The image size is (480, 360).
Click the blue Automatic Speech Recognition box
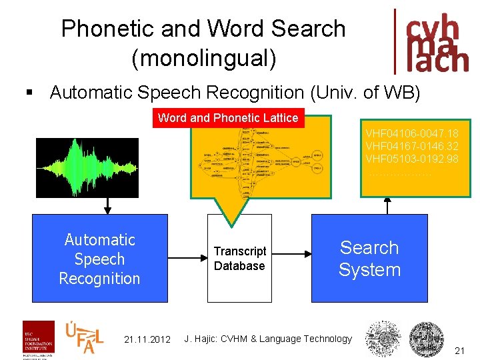click(x=99, y=259)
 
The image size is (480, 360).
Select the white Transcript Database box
click(x=239, y=259)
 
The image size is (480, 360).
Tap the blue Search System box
click(x=369, y=259)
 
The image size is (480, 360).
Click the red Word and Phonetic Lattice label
click(x=228, y=118)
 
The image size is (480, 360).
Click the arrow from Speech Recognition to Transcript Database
click(x=187, y=258)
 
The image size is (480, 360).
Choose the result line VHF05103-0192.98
click(x=412, y=159)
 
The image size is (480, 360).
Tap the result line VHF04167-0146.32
click(x=412, y=145)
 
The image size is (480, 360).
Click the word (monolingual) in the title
click(x=203, y=57)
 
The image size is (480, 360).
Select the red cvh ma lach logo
click(x=433, y=41)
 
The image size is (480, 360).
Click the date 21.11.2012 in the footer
click(x=148, y=340)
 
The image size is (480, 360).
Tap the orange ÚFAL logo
click(x=84, y=337)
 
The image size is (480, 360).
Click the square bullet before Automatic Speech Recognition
click(x=27, y=93)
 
